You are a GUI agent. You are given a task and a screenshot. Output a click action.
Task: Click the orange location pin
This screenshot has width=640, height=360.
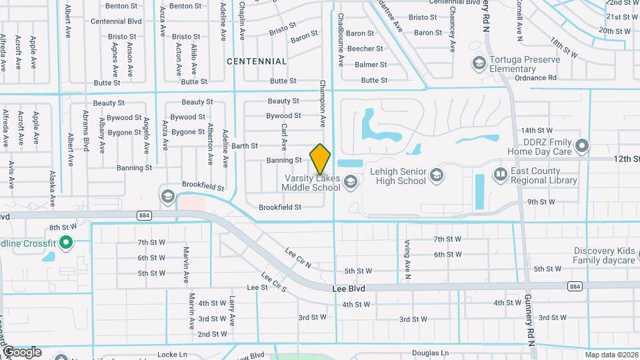click(321, 159)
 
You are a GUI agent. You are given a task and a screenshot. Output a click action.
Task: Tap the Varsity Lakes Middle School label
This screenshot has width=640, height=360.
click(312, 183)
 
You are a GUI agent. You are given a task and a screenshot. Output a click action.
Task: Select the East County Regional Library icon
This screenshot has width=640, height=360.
click(500, 174)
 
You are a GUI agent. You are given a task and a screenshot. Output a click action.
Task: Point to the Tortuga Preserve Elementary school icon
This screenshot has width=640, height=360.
click(478, 63)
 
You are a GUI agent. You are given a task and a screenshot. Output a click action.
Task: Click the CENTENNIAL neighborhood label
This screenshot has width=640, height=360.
click(257, 61)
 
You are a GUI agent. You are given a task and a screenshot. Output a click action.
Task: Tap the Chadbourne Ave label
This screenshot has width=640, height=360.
click(341, 40)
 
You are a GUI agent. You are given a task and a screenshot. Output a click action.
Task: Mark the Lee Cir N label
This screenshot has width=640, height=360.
click(298, 258)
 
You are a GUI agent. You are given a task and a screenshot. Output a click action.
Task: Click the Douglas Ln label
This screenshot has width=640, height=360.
click(430, 352)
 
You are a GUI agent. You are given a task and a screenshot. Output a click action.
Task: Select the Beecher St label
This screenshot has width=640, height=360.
click(365, 49)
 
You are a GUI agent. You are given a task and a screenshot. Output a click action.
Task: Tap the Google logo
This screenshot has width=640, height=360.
click(22, 352)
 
